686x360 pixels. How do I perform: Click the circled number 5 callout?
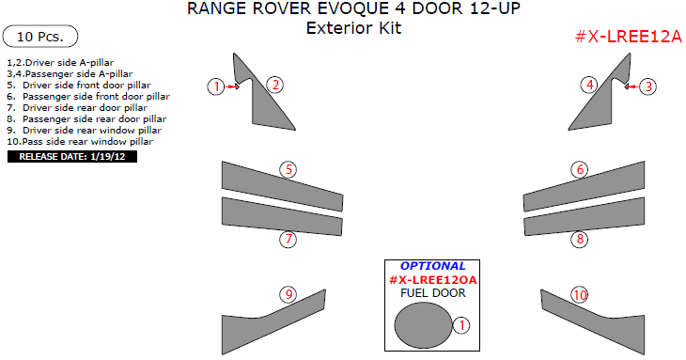(289, 170)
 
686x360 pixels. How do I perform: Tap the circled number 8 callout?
(581, 240)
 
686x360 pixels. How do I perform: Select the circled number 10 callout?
(580, 295)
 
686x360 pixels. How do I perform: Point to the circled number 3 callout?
(648, 86)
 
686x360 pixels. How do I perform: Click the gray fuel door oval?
(423, 326)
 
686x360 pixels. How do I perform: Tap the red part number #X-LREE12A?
(627, 37)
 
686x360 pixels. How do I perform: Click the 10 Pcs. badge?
(40, 37)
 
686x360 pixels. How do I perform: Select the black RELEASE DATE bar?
(72, 156)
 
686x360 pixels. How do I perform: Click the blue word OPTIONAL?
(432, 266)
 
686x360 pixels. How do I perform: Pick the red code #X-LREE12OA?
(432, 280)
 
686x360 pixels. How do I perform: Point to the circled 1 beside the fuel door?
(460, 325)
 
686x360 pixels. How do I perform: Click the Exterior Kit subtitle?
(353, 28)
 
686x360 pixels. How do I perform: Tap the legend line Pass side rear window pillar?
(79, 142)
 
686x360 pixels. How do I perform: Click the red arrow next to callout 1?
(232, 86)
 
